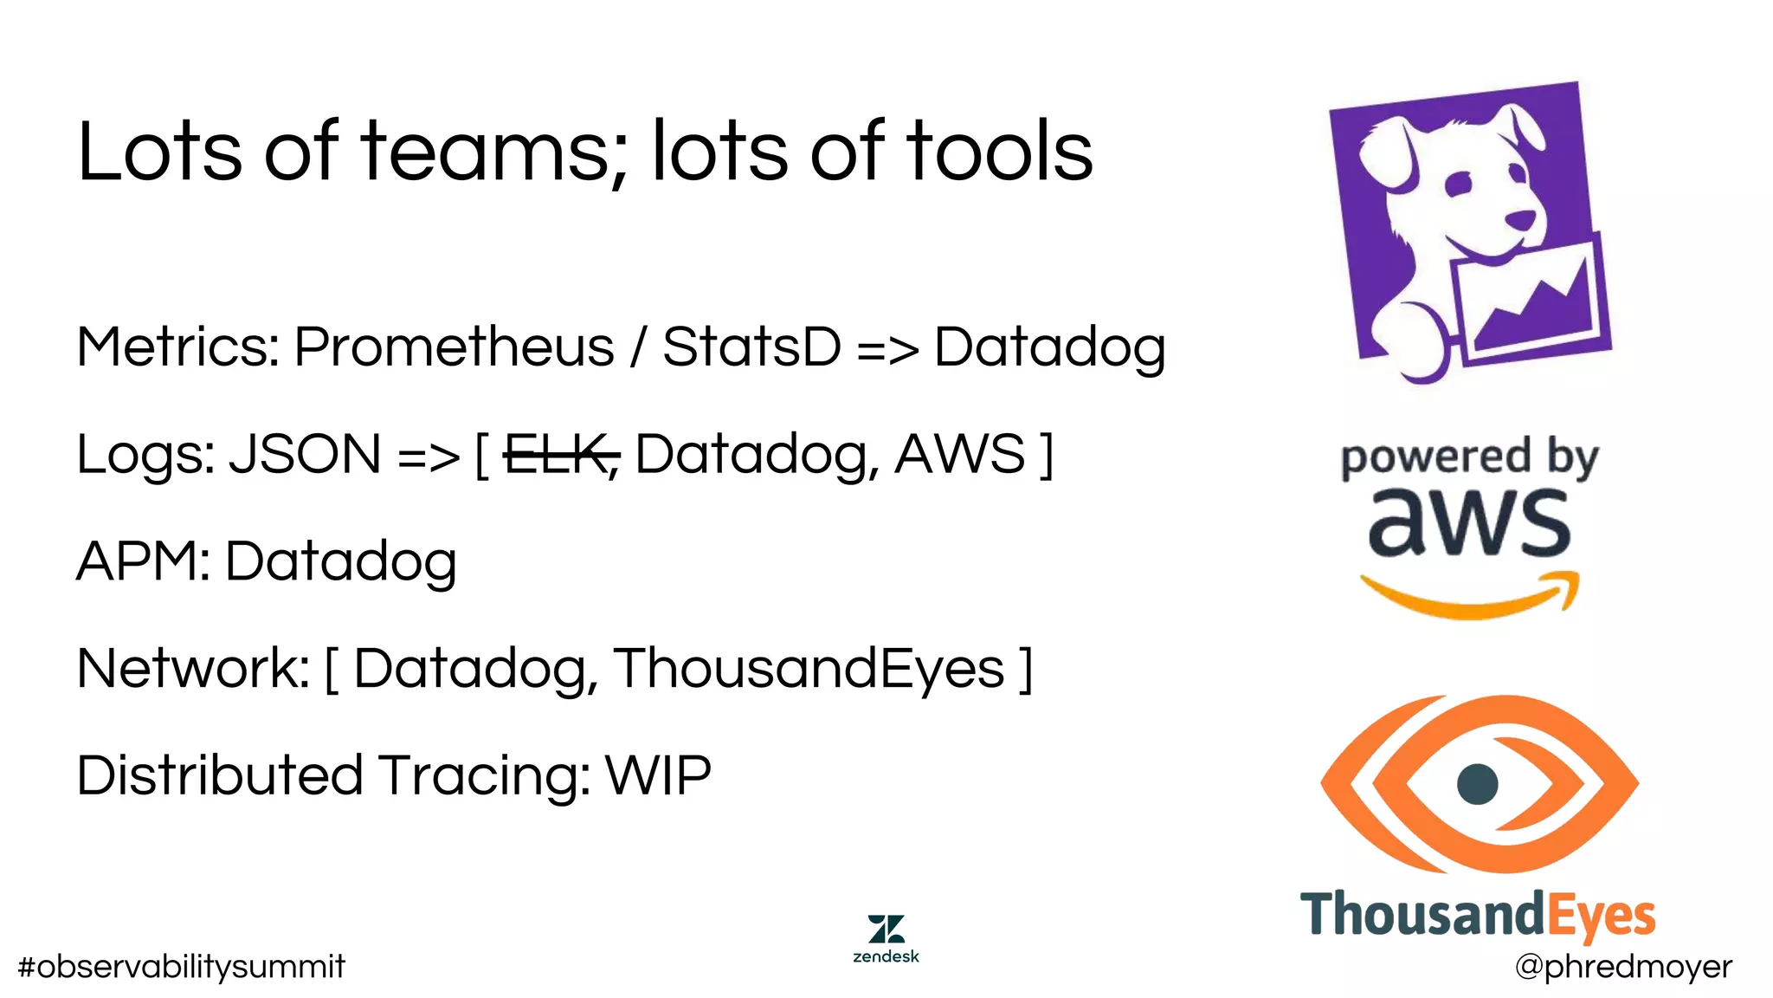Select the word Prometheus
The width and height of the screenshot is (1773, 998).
(x=454, y=347)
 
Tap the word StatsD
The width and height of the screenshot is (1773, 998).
(x=751, y=347)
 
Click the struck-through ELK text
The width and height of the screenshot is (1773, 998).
(x=558, y=455)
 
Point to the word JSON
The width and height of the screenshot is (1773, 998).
(x=305, y=455)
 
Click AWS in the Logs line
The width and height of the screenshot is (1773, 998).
(x=959, y=455)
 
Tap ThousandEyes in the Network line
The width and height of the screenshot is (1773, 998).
(x=809, y=669)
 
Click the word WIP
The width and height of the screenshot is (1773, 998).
(x=658, y=775)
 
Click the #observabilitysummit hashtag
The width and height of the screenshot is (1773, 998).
(x=181, y=967)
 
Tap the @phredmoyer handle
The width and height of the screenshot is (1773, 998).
(x=1623, y=967)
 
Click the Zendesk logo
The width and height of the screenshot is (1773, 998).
(x=886, y=937)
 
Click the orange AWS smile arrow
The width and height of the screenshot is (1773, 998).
(x=1470, y=598)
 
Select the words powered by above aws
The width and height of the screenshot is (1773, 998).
(x=1469, y=458)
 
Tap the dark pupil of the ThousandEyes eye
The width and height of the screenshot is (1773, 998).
(x=1477, y=784)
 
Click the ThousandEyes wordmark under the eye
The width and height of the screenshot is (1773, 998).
(x=1477, y=915)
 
